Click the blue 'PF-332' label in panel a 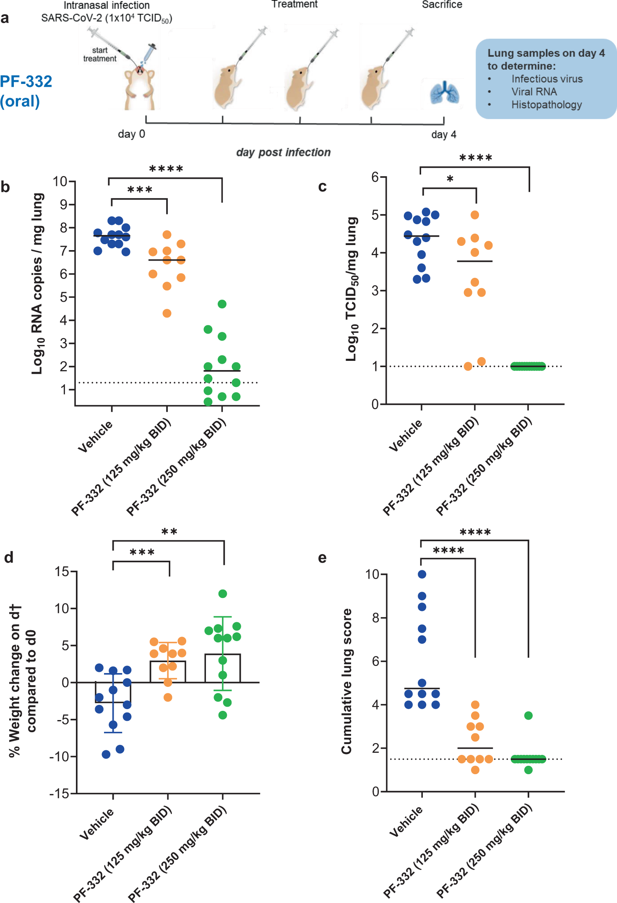click(26, 81)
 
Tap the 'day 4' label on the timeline click(443, 135)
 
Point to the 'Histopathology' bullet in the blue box click(546, 105)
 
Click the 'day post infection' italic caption click(283, 152)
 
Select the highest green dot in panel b click(222, 304)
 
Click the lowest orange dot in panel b click(167, 313)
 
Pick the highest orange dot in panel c click(474, 215)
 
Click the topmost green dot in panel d click(223, 593)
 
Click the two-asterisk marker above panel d click(169, 532)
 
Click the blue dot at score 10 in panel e click(422, 574)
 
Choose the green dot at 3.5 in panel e click(528, 715)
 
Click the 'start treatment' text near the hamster click(100, 55)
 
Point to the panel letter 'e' click(322, 558)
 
